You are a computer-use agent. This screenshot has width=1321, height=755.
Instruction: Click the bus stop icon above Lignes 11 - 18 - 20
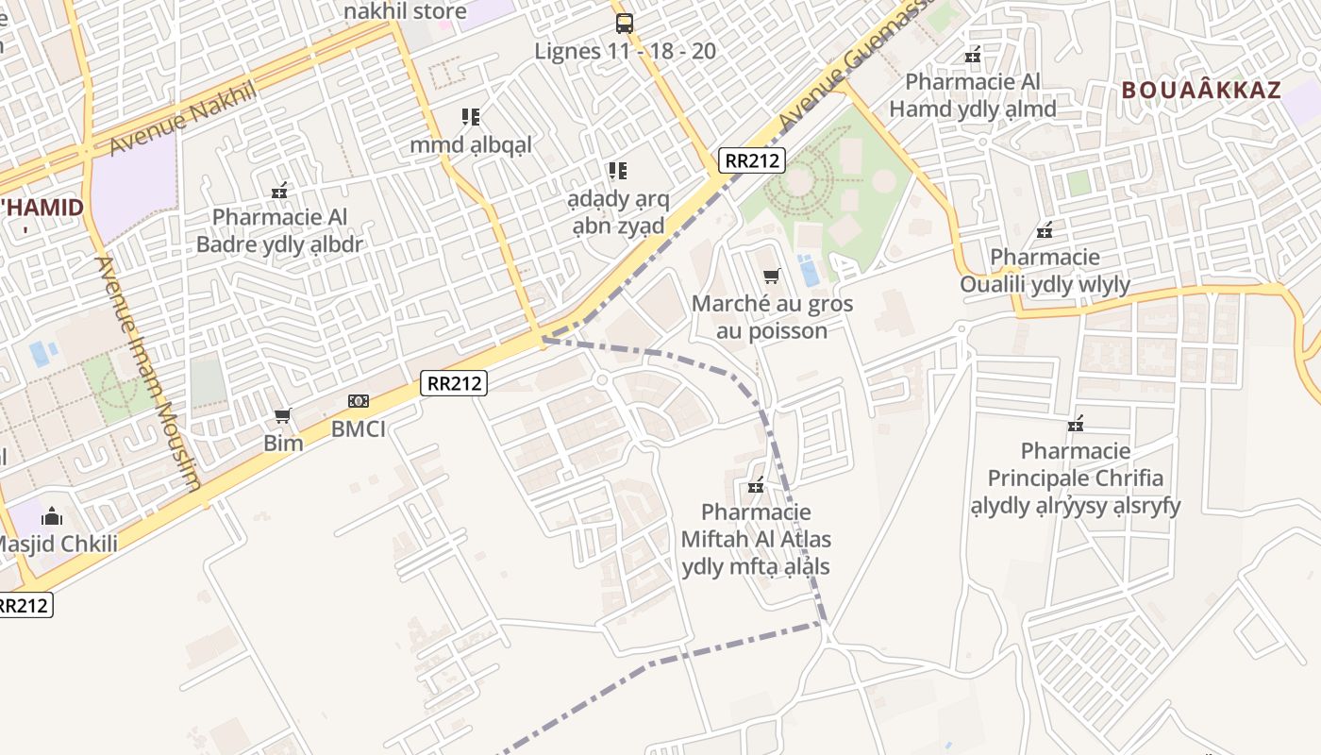tap(624, 23)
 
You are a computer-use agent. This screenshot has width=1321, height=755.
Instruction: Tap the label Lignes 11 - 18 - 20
tap(626, 51)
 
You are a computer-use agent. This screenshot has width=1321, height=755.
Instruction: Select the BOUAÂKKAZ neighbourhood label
tap(1201, 91)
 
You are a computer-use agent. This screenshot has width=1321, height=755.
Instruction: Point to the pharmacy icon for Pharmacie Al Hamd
tap(973, 56)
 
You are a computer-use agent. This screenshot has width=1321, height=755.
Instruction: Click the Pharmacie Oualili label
tap(1045, 270)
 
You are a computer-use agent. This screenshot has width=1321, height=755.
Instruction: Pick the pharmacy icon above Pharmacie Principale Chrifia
tap(1076, 424)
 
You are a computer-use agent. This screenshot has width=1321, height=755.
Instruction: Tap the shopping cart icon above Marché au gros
tap(772, 276)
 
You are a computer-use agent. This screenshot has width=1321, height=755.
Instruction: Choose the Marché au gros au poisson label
tap(772, 317)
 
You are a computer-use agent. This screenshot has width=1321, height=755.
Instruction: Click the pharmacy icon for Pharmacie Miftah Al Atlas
tap(756, 486)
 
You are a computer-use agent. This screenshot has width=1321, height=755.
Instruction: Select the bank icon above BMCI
tap(358, 401)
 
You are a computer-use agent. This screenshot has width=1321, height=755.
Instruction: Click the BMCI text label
tap(359, 428)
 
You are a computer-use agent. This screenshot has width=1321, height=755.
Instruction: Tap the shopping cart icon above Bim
tap(282, 415)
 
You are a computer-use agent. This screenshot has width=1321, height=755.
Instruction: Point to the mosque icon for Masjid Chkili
tap(52, 516)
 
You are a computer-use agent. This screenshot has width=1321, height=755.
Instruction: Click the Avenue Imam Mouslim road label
tap(149, 373)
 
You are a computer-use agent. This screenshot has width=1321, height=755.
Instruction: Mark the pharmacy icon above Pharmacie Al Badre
tap(279, 191)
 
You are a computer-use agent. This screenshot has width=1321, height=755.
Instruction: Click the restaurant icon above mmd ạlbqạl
tap(471, 117)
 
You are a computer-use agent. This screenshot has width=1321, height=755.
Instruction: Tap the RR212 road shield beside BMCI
tap(454, 383)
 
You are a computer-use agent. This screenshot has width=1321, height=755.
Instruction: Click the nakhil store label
tap(405, 11)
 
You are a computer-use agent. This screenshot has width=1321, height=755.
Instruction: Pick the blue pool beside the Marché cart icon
tap(809, 271)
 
